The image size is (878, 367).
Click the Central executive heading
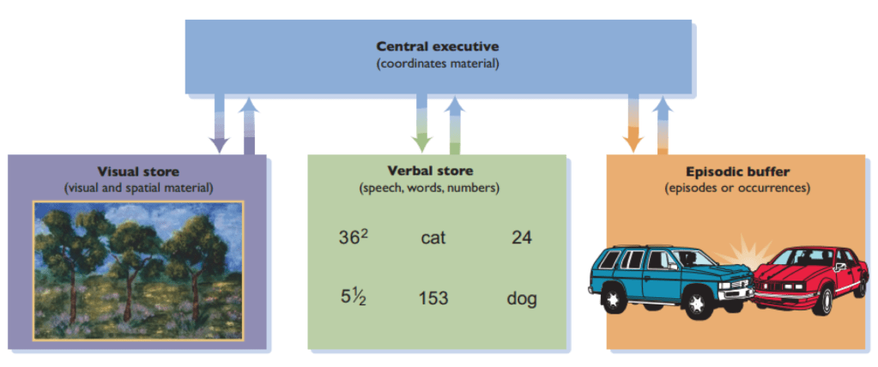[x=438, y=45]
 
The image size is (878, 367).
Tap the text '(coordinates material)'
[x=438, y=63]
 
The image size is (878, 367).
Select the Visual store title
[x=138, y=171]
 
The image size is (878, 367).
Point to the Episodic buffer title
[x=737, y=171]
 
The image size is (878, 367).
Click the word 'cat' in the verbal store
[x=433, y=238]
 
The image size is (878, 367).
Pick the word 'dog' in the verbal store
[x=521, y=298]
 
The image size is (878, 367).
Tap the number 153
[x=433, y=298]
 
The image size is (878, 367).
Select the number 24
[x=521, y=238]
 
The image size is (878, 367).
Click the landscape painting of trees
[x=138, y=269]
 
